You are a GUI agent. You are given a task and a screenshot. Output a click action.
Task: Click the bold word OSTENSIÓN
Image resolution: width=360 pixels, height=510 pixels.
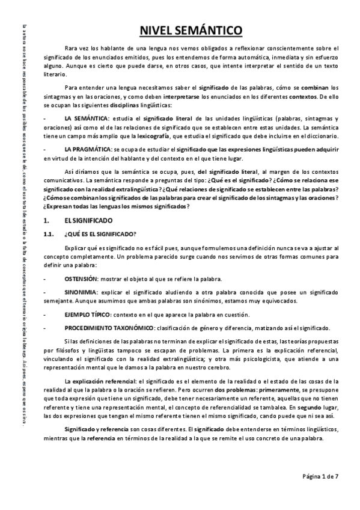coord(81,279)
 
